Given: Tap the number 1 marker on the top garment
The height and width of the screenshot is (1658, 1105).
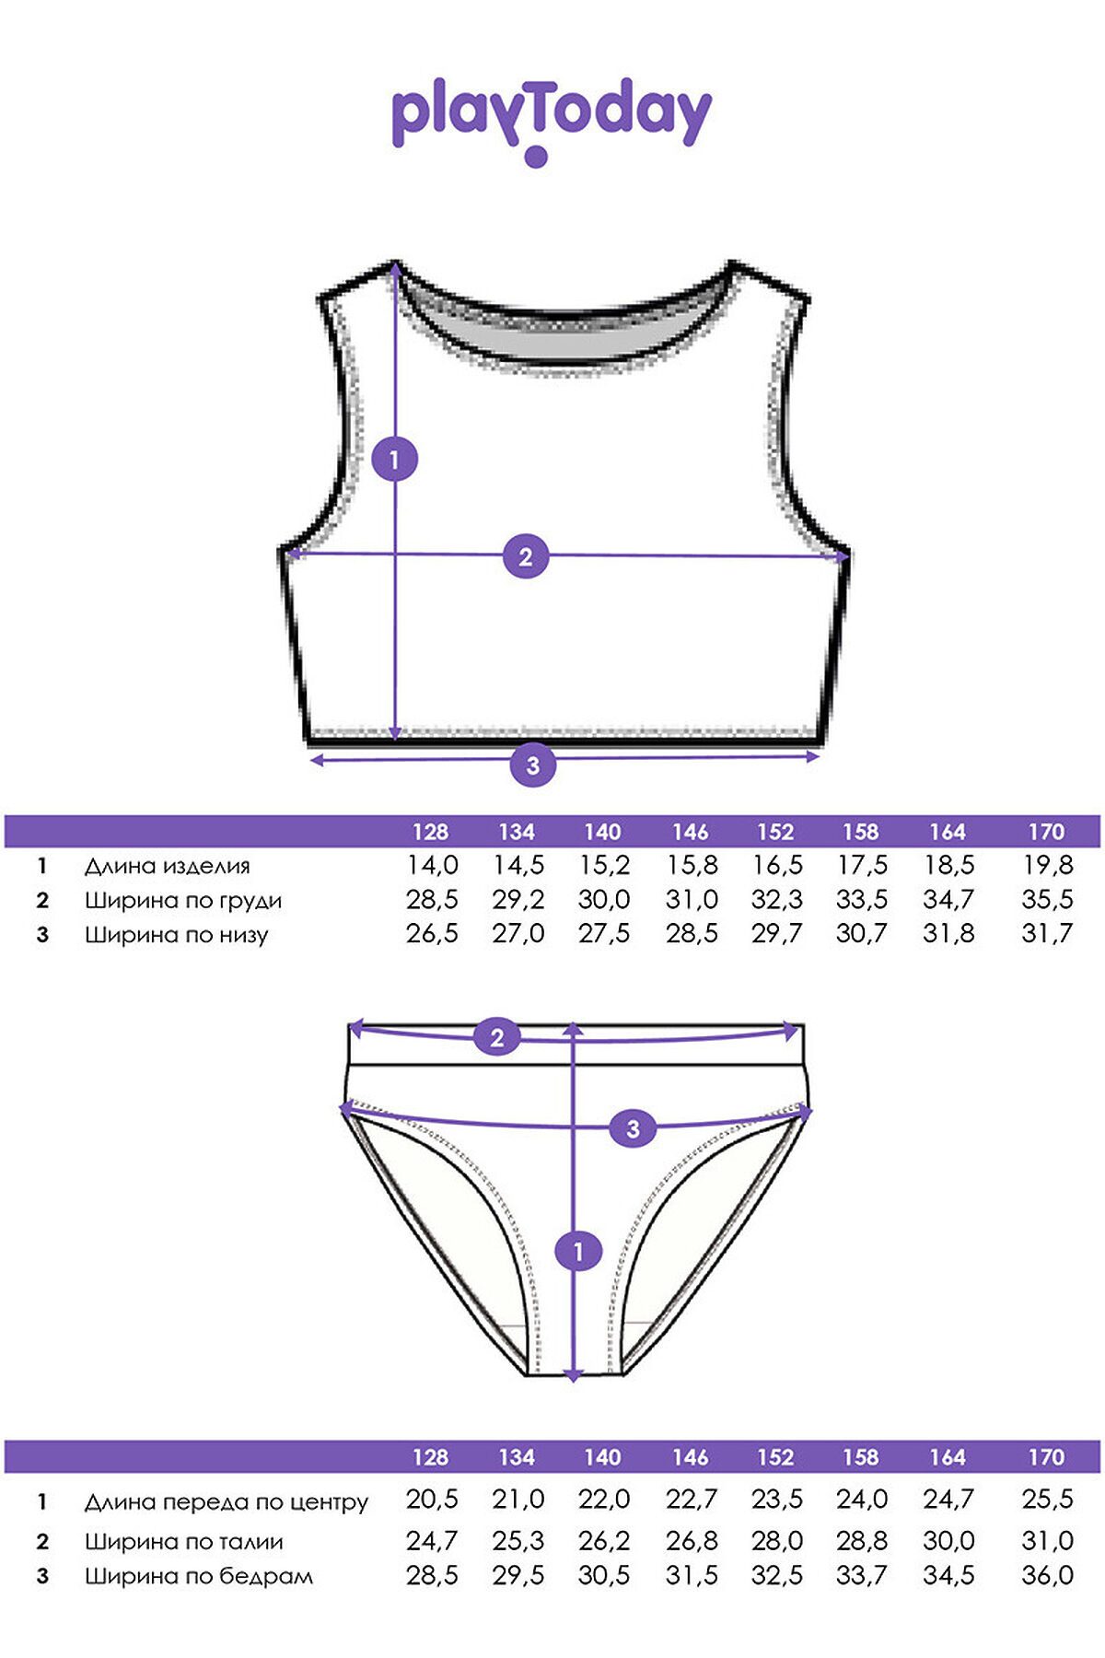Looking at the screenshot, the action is tap(395, 459).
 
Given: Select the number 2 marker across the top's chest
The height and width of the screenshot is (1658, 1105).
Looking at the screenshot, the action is tap(526, 556).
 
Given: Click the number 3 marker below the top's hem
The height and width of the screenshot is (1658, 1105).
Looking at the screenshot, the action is tap(532, 765).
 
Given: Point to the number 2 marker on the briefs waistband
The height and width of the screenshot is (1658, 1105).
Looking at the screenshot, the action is tap(497, 1038).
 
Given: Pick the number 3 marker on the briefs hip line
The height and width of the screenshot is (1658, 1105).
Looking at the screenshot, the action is tap(633, 1128).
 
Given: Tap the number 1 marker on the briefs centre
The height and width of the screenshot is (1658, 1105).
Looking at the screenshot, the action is tap(578, 1252).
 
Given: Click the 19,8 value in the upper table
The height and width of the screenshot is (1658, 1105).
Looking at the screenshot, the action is tap(1047, 865).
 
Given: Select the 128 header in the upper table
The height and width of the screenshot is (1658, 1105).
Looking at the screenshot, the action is tap(430, 832).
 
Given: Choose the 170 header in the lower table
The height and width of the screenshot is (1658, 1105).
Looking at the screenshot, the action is tap(1046, 1457).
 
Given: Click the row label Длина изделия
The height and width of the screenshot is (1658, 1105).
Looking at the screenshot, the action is tap(168, 866).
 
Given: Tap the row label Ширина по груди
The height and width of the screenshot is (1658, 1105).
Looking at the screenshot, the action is tap(183, 901).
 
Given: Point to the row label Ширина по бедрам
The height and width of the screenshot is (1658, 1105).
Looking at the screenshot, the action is tap(199, 1576).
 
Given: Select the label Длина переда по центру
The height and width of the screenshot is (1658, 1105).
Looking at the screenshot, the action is tap(227, 1502).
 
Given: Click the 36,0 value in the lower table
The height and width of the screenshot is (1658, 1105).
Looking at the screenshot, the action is tap(1047, 1575).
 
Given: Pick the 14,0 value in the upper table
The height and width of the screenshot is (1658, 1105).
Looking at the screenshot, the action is tap(432, 865).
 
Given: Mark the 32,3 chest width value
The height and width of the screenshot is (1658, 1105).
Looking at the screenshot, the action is tap(776, 899).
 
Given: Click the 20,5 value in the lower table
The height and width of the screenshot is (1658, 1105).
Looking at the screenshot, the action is tap(432, 1500).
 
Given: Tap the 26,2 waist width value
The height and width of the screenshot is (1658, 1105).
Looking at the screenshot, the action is tap(604, 1540).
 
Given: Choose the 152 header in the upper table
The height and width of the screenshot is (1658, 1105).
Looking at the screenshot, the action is tap(775, 832).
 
